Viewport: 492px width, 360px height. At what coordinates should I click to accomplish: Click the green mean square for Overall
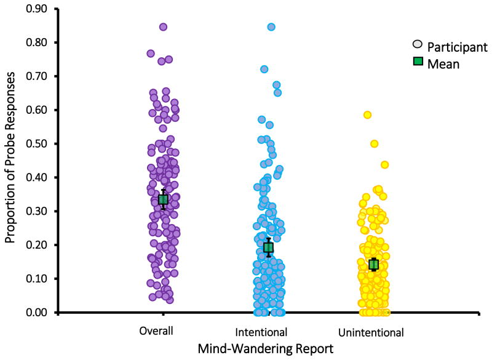[x=163, y=199]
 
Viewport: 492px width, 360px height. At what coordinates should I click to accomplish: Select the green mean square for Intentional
[x=268, y=247]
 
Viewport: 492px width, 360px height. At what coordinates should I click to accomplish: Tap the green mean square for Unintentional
[x=373, y=265]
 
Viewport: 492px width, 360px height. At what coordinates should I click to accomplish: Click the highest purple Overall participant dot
[x=164, y=27]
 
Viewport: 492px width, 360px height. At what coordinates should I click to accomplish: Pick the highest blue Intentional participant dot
[x=271, y=27]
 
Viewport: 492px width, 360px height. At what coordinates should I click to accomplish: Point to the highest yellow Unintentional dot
[x=367, y=114]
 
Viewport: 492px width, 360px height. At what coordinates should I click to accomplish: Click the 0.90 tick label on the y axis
[x=39, y=9]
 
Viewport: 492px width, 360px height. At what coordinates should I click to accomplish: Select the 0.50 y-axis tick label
[x=39, y=144]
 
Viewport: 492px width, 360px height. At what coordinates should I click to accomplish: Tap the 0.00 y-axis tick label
[x=39, y=313]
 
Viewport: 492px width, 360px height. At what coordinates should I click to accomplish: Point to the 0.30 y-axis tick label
[x=39, y=211]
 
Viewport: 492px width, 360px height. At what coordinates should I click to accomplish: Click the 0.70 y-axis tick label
[x=39, y=76]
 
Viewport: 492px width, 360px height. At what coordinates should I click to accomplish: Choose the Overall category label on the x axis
[x=156, y=331]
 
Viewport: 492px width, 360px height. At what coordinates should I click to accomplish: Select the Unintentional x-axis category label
[x=371, y=332]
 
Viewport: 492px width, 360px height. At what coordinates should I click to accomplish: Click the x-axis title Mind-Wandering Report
[x=266, y=348]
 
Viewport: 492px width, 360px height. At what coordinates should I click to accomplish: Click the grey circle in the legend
[x=418, y=46]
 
